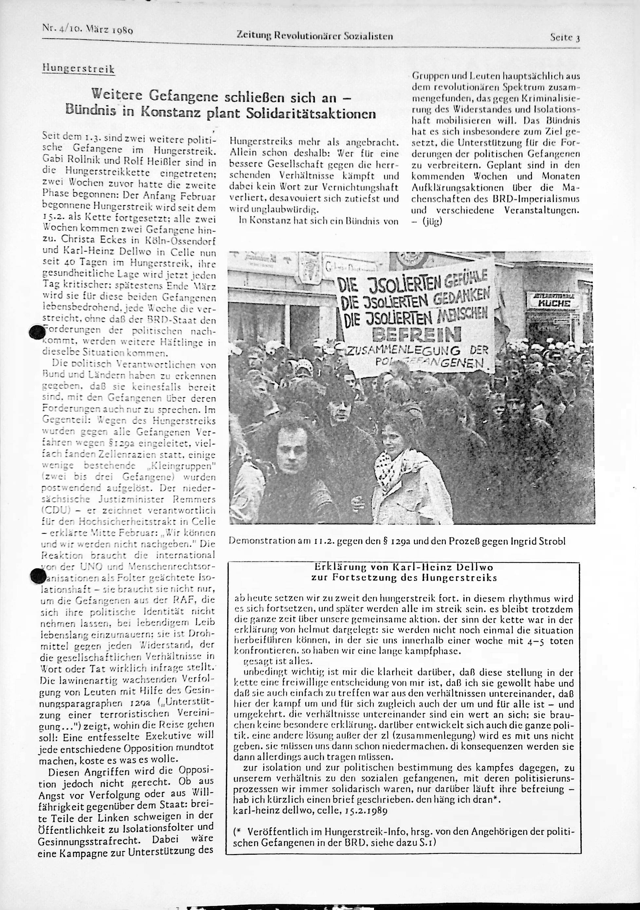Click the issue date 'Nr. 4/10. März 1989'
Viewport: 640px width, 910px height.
[87, 29]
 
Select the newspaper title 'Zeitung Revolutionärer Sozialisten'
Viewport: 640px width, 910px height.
[314, 36]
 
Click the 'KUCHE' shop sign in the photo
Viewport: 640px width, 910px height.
[554, 303]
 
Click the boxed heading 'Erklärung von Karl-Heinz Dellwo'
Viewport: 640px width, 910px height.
[404, 568]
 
